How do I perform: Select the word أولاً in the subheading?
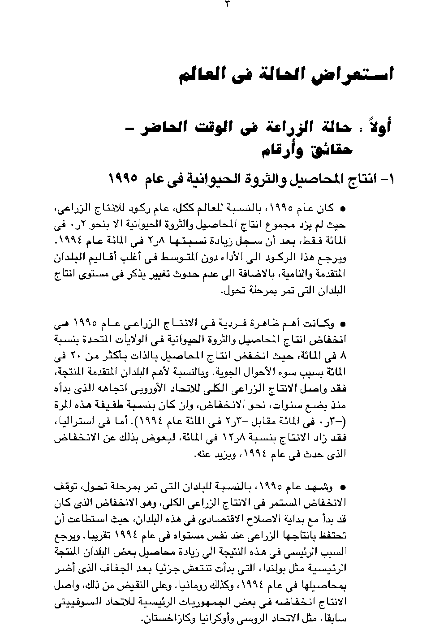tap(382, 126)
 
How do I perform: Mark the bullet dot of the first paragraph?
tap(343, 209)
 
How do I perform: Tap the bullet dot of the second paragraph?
tap(343, 323)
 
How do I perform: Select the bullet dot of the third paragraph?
tap(343, 487)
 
